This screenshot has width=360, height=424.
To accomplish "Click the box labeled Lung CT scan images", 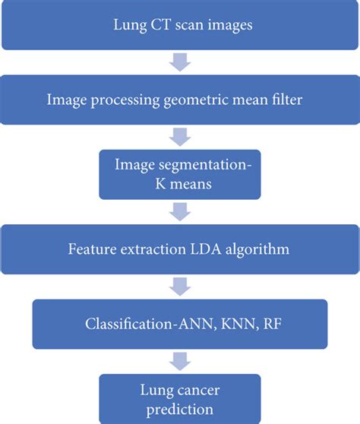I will pos(180,26).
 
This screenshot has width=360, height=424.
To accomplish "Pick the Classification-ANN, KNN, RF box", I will pos(180,324).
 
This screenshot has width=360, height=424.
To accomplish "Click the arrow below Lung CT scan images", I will pos(179,62).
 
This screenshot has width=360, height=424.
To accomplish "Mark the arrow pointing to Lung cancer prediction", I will pos(179,360).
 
